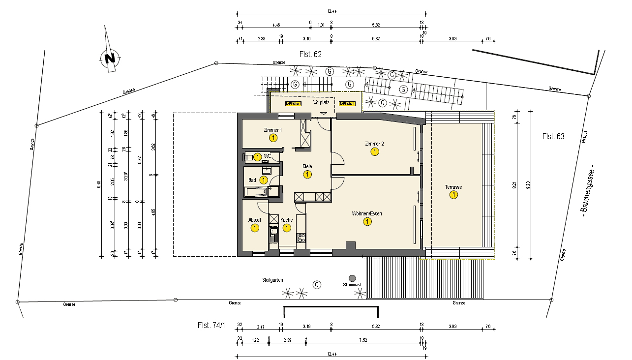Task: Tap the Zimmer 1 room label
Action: (x=273, y=130)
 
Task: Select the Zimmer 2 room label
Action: (x=374, y=144)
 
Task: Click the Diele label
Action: (x=307, y=166)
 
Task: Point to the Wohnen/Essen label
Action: (x=367, y=214)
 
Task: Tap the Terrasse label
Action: (x=453, y=187)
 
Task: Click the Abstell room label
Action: (x=255, y=220)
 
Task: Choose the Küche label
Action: (x=287, y=220)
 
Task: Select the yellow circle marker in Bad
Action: (x=264, y=180)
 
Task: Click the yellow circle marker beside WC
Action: (x=257, y=157)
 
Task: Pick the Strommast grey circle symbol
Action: (x=352, y=278)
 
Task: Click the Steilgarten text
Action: (x=272, y=280)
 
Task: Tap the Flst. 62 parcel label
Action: (x=310, y=55)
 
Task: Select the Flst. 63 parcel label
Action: (x=553, y=136)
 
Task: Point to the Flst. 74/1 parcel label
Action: (x=211, y=325)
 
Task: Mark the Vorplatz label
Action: (x=321, y=103)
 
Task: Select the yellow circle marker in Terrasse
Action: (x=453, y=195)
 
